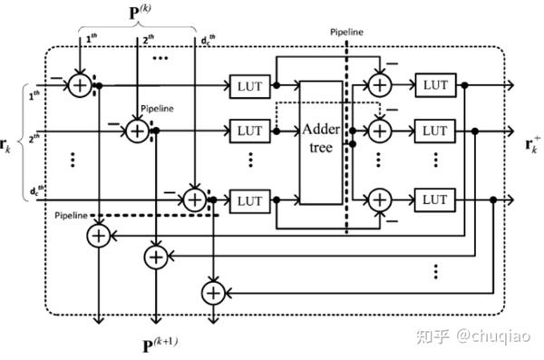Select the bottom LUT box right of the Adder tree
[433, 198]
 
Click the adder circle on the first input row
[81, 85]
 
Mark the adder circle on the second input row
[137, 131]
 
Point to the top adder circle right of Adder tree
[377, 85]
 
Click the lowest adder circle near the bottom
[212, 292]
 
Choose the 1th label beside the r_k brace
[34, 95]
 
